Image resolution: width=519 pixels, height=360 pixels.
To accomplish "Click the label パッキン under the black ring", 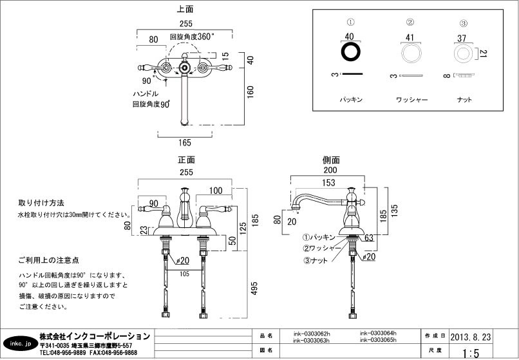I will click(x=352, y=100).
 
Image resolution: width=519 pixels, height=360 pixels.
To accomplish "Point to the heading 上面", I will click(x=185, y=10).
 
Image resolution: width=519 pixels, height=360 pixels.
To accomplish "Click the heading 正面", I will click(x=186, y=160).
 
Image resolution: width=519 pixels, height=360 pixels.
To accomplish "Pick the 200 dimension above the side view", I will click(x=330, y=171).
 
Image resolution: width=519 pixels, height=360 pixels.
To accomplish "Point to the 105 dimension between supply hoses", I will click(x=186, y=273).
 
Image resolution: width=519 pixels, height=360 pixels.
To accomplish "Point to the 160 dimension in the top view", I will click(x=251, y=91).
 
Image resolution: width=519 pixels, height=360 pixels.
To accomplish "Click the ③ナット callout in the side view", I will click(x=316, y=260).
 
